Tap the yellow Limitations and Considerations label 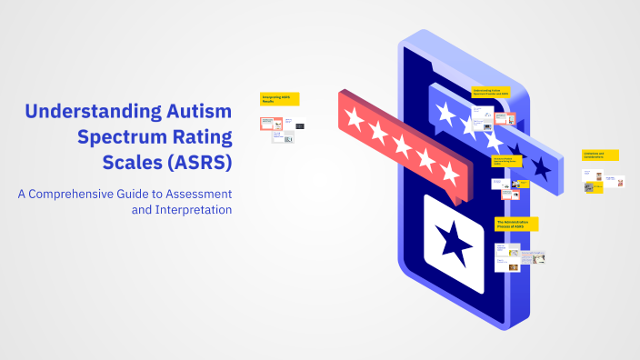point(600,155)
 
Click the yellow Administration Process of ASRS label point(516,224)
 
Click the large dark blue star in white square point(454,242)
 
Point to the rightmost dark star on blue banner point(541,166)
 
